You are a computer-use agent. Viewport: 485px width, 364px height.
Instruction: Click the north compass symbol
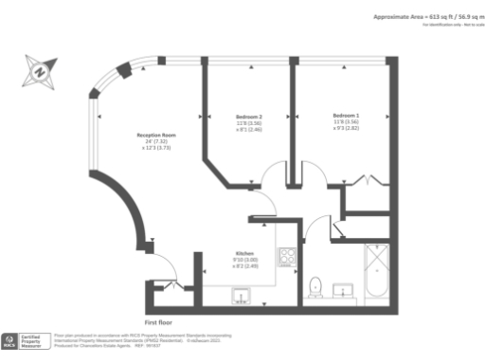40,70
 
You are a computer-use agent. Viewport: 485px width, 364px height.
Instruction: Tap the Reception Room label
155,135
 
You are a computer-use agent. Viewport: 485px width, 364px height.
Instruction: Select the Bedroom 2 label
247,117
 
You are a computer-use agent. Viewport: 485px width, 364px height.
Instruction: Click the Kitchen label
245,254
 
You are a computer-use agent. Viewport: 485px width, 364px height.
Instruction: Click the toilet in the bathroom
316,284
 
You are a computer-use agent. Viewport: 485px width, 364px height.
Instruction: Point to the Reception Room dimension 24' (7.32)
155,142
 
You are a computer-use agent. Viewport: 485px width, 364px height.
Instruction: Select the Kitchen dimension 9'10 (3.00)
245,260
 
